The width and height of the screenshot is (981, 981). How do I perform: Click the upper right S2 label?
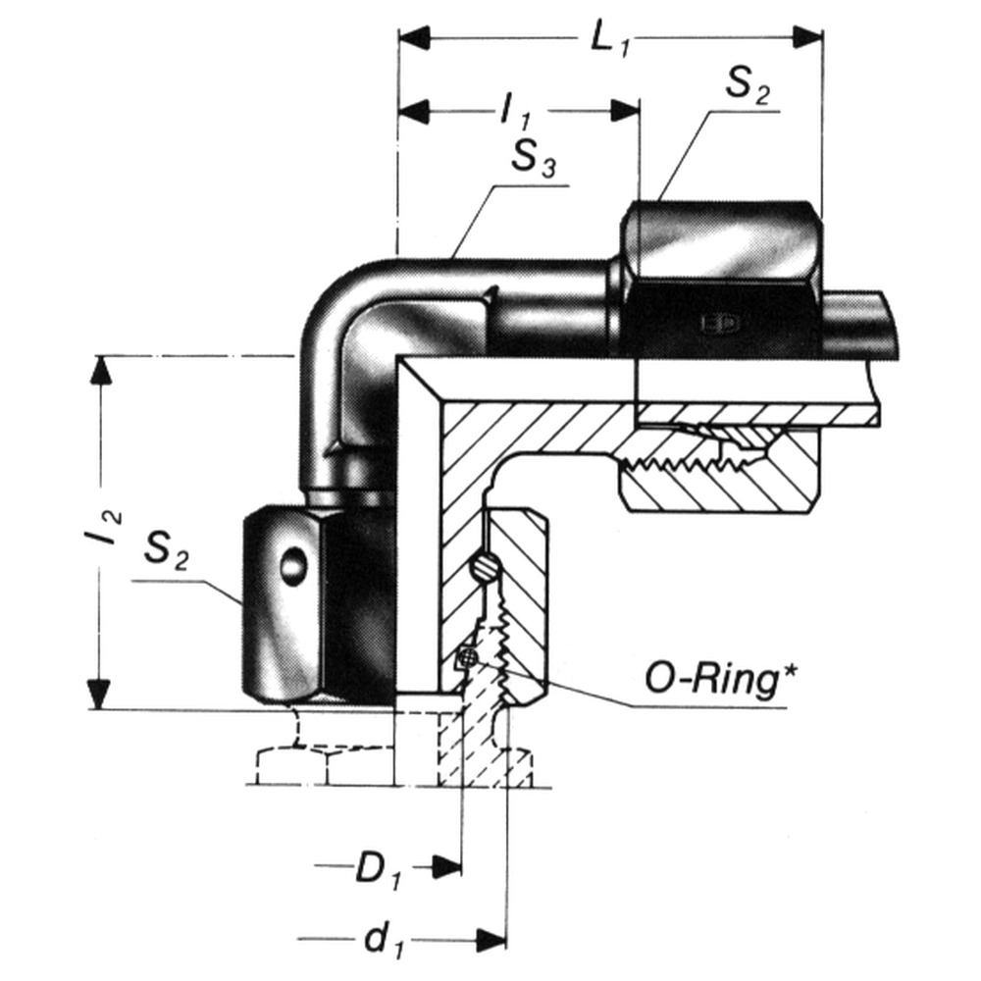(x=748, y=87)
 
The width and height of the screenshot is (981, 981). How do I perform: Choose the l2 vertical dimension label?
(x=108, y=531)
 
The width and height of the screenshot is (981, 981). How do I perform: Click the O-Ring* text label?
(x=718, y=677)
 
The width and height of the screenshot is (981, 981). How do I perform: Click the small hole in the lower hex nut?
(x=292, y=566)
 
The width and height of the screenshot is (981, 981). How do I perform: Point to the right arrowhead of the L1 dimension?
(x=807, y=37)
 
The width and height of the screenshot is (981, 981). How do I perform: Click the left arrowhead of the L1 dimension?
(x=414, y=37)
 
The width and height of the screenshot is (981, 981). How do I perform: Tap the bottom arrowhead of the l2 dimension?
(x=99, y=691)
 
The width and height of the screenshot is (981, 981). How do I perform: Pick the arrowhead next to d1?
(x=491, y=939)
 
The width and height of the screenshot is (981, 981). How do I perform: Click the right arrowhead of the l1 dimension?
(x=625, y=110)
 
